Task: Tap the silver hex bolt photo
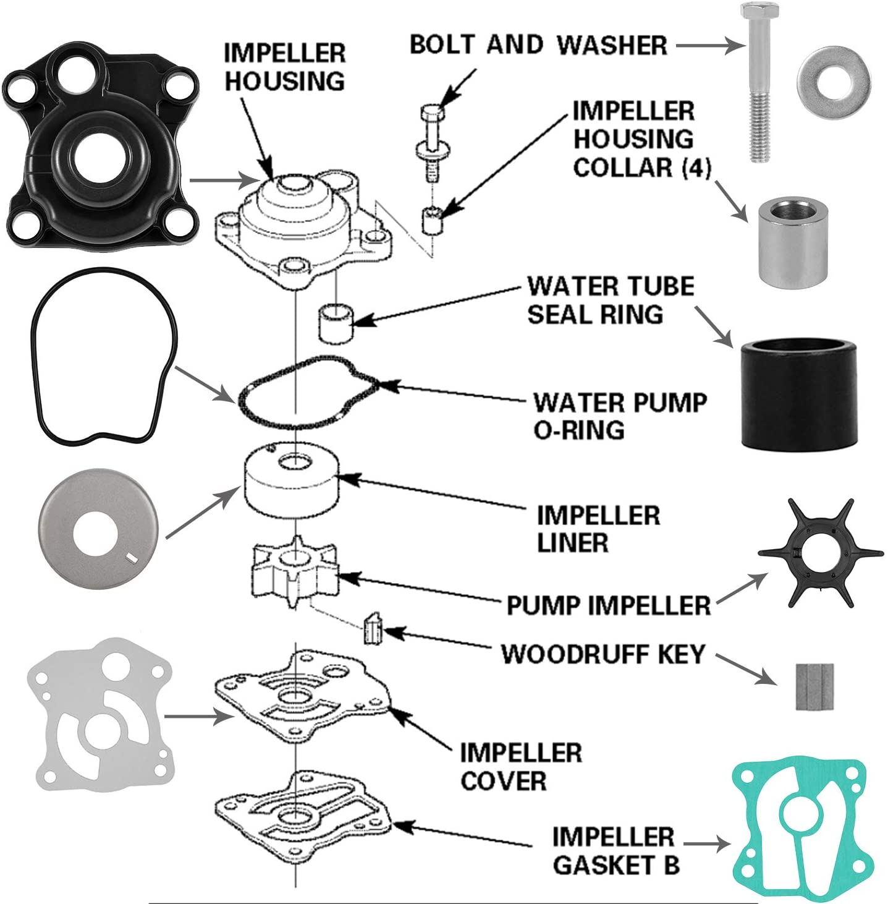pos(759,87)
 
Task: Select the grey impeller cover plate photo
pos(99,716)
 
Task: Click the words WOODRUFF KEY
pos(603,654)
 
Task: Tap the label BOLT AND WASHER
pos(538,45)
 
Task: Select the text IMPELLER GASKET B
pos(615,851)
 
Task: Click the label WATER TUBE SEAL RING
pos(610,301)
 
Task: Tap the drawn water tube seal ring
pos(336,322)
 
